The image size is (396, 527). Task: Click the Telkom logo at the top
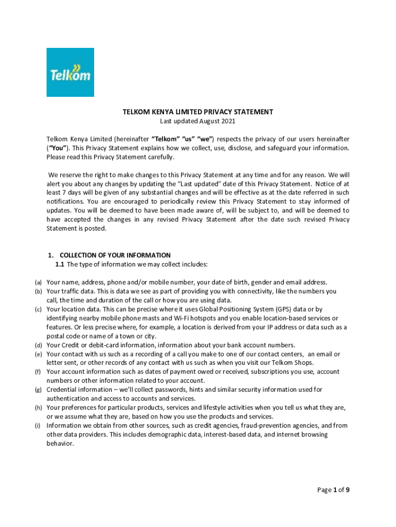pyautogui.click(x=70, y=72)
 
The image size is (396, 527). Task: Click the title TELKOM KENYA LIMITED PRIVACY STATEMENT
pyautogui.click(x=197, y=112)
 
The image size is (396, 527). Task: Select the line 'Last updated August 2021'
pyautogui.click(x=197, y=121)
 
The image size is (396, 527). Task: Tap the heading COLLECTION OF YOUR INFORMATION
pyautogui.click(x=115, y=255)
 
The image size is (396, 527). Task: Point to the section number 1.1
pyautogui.click(x=60, y=265)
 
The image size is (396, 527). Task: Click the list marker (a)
pyautogui.click(x=38, y=283)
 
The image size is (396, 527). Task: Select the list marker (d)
pyautogui.click(x=38, y=345)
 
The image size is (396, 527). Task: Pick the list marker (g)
pyautogui.click(x=38, y=390)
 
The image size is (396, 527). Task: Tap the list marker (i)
pyautogui.click(x=38, y=426)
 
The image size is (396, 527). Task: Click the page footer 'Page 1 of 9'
pyautogui.click(x=333, y=490)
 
